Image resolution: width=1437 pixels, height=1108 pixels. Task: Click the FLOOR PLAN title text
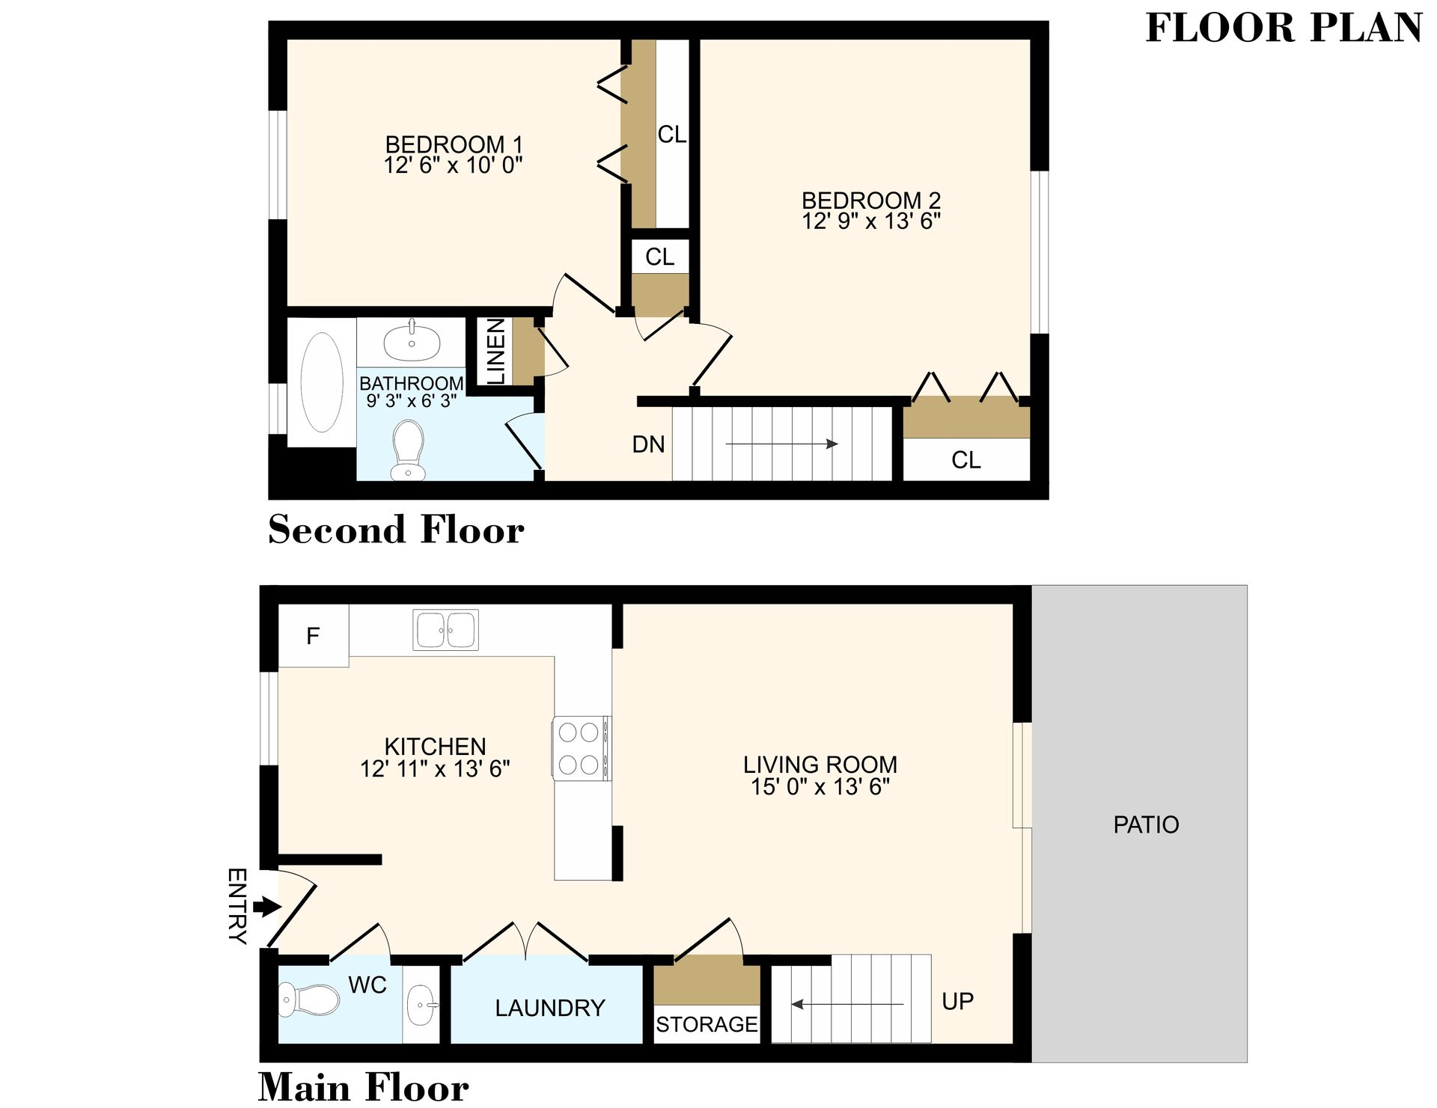point(1283,28)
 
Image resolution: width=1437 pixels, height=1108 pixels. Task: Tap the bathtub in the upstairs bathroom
point(322,382)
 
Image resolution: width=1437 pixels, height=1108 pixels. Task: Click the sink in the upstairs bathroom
point(412,341)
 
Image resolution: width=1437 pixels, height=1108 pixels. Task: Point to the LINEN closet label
point(496,352)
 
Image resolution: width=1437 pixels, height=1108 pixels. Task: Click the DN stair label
point(648,444)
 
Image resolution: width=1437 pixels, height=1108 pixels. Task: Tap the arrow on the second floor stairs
point(781,444)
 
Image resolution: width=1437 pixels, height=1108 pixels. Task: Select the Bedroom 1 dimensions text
point(453,165)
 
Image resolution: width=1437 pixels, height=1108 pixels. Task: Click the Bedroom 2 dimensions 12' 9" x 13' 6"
point(870,221)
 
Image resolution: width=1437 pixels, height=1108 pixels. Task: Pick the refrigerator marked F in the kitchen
point(313,636)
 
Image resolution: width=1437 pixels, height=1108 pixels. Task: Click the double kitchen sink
point(446,630)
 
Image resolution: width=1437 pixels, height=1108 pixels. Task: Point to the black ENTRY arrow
point(266,907)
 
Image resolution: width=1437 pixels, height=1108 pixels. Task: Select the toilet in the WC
point(308,1000)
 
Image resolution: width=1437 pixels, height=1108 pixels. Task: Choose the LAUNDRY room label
point(549,1008)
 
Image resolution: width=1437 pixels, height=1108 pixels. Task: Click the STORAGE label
point(707,1024)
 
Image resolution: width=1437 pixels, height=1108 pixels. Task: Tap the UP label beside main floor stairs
point(957,1001)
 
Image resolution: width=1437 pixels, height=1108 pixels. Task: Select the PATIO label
point(1145,824)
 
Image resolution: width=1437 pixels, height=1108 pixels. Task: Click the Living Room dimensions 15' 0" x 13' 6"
point(820,786)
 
